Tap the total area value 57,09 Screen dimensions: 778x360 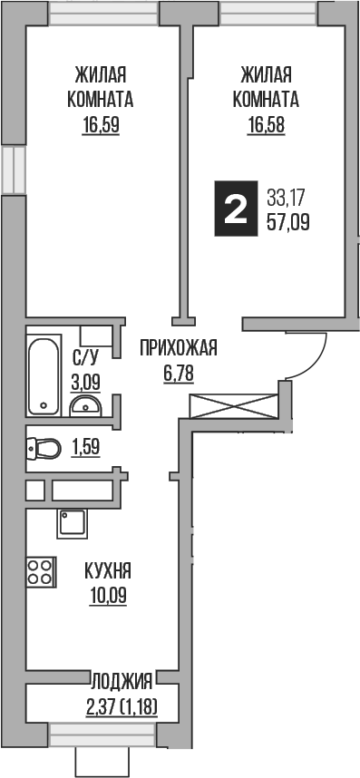click(288, 220)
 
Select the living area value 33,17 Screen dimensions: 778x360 click(287, 195)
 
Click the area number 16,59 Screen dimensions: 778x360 click(100, 126)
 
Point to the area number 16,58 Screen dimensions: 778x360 click(266, 126)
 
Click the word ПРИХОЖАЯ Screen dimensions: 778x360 click(179, 346)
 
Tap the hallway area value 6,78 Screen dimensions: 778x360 click(179, 372)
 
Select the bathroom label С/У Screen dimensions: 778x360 click(85, 357)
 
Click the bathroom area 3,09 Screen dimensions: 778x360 click(85, 382)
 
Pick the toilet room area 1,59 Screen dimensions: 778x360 click(85, 447)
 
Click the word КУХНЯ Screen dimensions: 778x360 click(108, 571)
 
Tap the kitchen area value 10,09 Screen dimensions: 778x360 click(108, 596)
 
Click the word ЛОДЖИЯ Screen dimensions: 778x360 click(121, 677)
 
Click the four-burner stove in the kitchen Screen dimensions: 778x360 click(40, 571)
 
